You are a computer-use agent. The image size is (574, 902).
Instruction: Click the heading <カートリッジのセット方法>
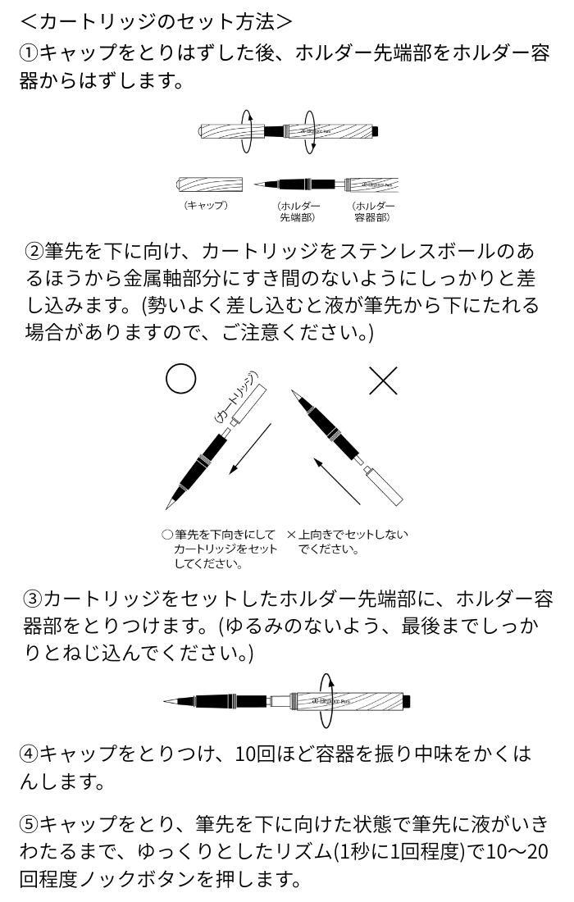pos(155,17)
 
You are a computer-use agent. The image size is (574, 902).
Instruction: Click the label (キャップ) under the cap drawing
pos(205,205)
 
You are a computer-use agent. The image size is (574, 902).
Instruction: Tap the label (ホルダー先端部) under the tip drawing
pos(298,211)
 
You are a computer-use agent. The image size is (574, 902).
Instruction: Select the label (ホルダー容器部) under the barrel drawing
pos(373,211)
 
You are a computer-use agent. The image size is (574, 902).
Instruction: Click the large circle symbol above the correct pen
pos(180,379)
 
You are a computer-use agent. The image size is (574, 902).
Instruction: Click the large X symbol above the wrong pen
pos(383,380)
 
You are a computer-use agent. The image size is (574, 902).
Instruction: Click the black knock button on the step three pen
pos(407,701)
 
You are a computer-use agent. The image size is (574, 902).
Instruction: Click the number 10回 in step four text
pos(256,753)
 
